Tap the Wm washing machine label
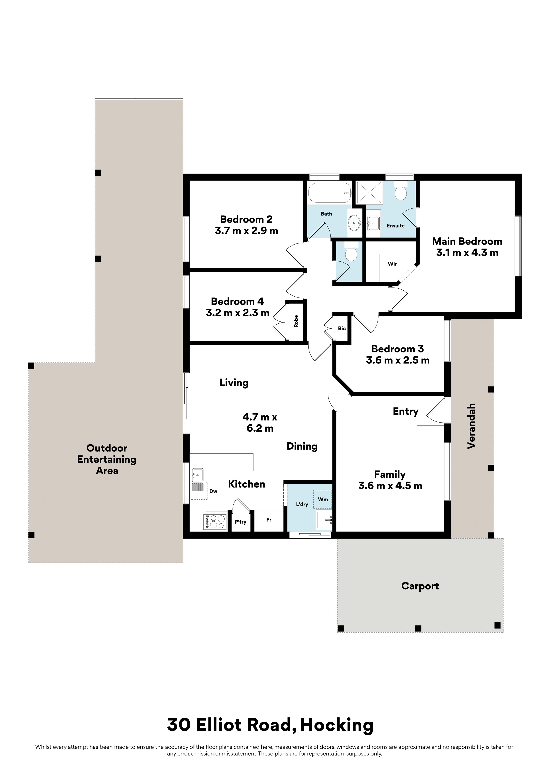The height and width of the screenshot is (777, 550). pyautogui.click(x=323, y=499)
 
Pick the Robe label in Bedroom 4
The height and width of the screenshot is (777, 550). pyautogui.click(x=296, y=321)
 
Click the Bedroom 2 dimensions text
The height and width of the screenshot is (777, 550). pyautogui.click(x=246, y=231)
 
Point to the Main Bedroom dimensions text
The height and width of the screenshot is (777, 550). pyautogui.click(x=467, y=253)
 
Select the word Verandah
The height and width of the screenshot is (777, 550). pyautogui.click(x=471, y=426)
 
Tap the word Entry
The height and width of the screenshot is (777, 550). pyautogui.click(x=406, y=412)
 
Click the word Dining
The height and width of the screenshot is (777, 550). pyautogui.click(x=302, y=446)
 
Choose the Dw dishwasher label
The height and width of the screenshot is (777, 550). pyautogui.click(x=213, y=491)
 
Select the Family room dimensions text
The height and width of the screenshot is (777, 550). pyautogui.click(x=390, y=486)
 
